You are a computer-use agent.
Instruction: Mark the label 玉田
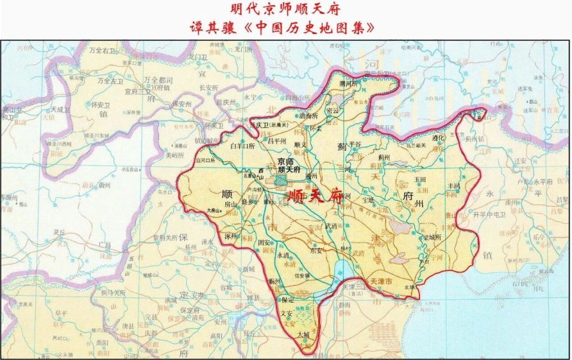click(421, 179)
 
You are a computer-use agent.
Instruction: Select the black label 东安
click(316, 251)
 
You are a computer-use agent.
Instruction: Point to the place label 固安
click(265, 243)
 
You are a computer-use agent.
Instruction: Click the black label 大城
click(304, 336)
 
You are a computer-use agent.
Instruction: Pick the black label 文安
click(288, 313)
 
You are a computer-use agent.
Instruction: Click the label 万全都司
click(158, 79)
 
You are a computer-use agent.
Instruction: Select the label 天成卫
click(60, 110)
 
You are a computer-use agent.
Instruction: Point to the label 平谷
click(355, 144)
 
